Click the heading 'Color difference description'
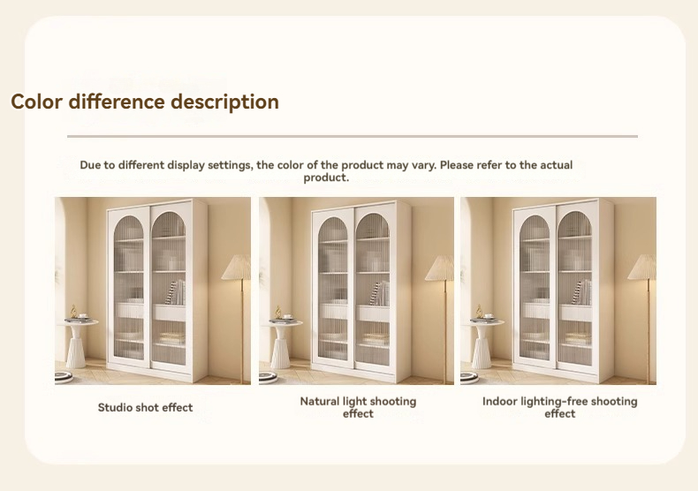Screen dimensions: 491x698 145,102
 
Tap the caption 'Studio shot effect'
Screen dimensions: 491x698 146,408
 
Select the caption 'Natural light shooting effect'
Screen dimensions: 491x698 358,407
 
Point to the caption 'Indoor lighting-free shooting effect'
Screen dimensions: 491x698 559,407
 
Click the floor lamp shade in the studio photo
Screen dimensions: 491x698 237,268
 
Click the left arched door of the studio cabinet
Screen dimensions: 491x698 129,287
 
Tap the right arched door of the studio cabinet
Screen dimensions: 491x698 169,287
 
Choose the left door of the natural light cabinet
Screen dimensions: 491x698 333,287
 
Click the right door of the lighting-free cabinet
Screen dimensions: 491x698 575,287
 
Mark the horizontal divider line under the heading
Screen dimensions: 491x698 352,137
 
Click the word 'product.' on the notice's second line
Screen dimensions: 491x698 326,178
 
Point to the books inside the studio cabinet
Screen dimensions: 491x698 178,293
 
